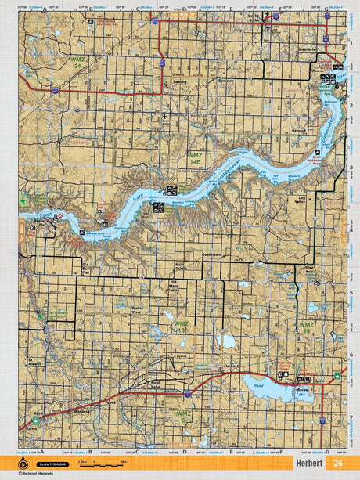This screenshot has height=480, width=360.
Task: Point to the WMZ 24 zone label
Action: pos(77,63)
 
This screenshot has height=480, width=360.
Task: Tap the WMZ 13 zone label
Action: pos(180,327)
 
